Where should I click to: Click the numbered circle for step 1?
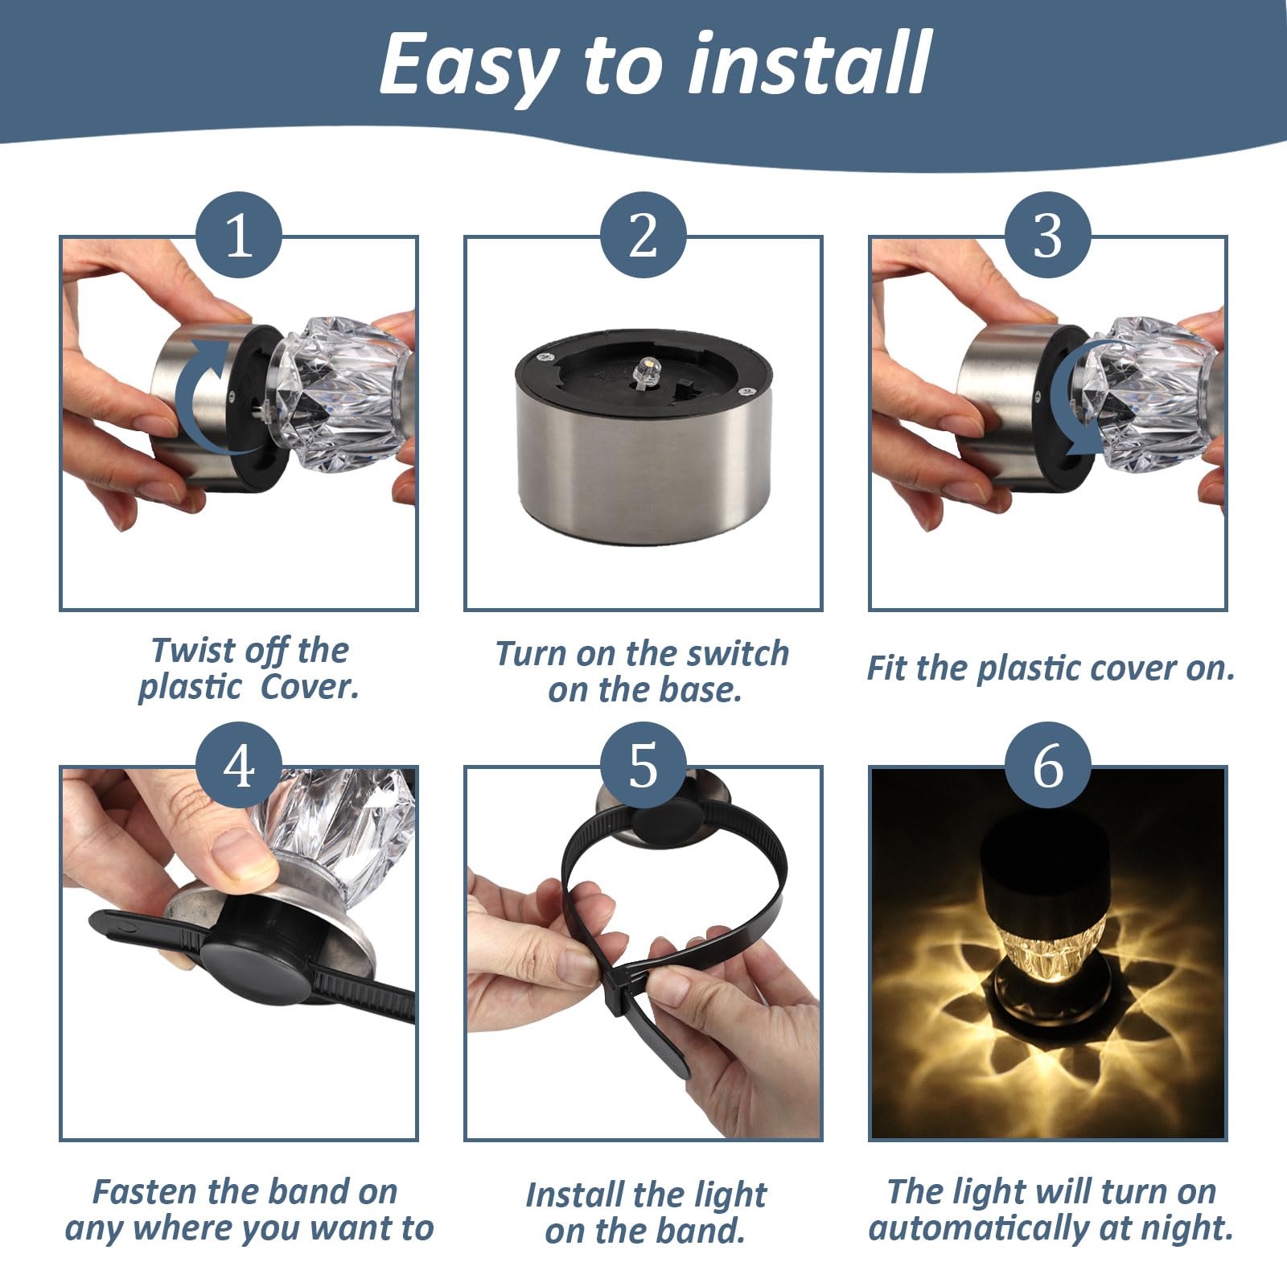(239, 235)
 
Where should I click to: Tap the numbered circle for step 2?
(643, 235)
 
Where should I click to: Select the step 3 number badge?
(1047, 235)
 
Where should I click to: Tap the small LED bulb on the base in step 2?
(642, 372)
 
